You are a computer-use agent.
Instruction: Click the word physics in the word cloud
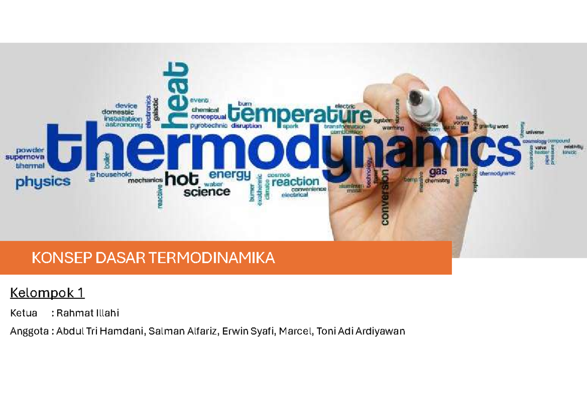tap(43, 182)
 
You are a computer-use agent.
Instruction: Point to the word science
tap(207, 192)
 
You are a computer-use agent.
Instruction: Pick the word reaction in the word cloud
tap(295, 182)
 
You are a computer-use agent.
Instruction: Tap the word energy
tap(229, 174)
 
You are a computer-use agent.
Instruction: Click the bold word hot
tap(182, 179)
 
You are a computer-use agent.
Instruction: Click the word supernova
tap(25, 157)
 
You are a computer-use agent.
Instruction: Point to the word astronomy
tap(123, 125)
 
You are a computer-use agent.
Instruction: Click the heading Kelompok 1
tap(47, 293)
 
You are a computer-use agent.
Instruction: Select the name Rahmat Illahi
tap(88, 313)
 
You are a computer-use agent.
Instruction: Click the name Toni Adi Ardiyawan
tap(361, 331)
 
